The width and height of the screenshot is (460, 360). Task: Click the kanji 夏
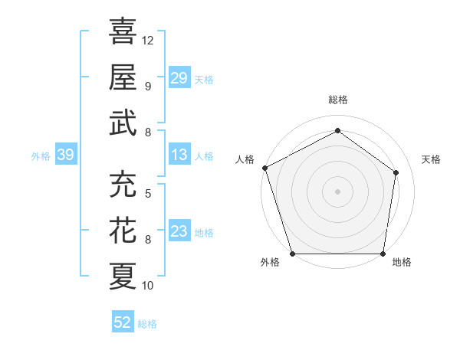point(123,276)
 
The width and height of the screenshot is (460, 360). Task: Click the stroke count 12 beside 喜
point(148,40)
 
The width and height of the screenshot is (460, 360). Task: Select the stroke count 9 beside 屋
point(148,86)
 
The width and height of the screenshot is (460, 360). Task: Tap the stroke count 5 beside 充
point(148,193)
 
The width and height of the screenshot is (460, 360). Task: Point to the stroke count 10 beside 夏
point(148,286)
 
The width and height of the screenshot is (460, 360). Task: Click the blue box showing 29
point(179,77)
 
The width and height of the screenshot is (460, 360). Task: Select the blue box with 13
point(179,155)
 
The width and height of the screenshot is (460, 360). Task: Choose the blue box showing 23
point(179,231)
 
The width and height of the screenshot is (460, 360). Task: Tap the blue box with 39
point(65,155)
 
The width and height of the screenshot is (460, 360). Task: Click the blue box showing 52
point(123,322)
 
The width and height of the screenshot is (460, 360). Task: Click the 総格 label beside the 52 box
point(147,324)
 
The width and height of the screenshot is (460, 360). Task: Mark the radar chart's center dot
point(337,191)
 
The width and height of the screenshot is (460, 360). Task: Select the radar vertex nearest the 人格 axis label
point(264,168)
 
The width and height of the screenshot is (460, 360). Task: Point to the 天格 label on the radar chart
point(431,159)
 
